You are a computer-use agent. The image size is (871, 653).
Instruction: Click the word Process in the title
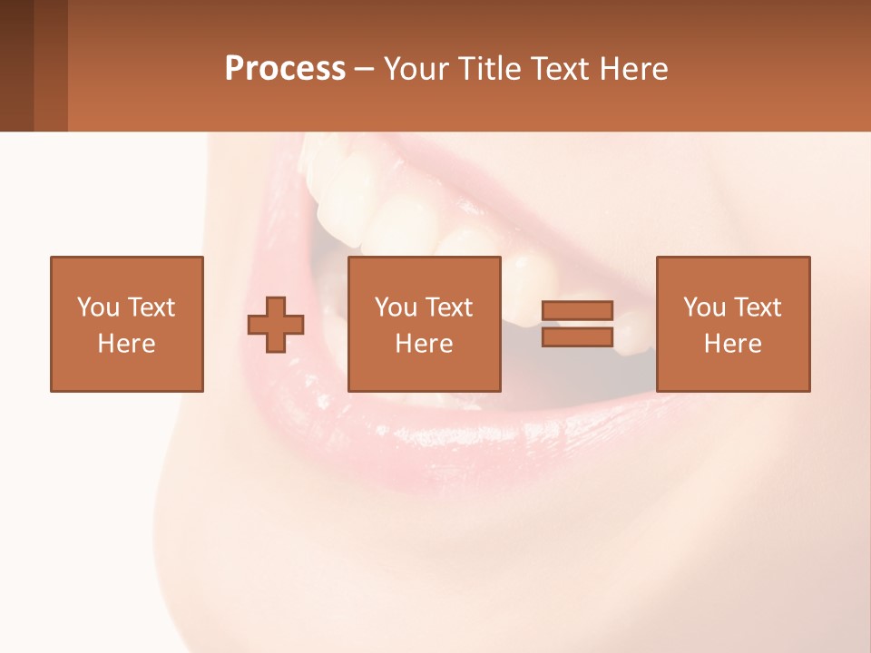click(285, 69)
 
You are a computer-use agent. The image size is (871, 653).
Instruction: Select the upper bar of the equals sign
click(578, 311)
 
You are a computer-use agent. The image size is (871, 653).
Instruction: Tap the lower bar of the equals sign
click(578, 337)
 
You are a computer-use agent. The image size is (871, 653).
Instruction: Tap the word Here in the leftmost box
click(127, 344)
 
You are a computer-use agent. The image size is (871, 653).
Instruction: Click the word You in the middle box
click(396, 307)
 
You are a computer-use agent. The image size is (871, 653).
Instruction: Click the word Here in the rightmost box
click(733, 344)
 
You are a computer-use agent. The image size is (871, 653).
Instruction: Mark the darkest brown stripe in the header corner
click(16, 65)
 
